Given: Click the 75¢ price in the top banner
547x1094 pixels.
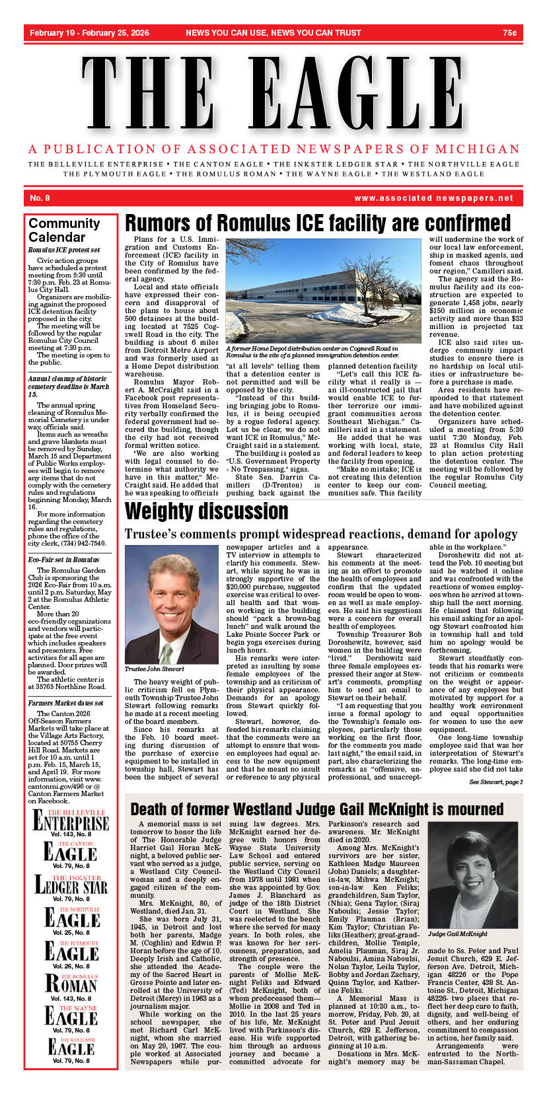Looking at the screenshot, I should tap(509, 33).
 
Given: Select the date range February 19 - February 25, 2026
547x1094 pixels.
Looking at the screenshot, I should tap(89, 33).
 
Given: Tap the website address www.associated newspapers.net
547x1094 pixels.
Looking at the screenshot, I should tap(433, 198).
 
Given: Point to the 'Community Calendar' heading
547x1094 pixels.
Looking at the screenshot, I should tap(64, 230).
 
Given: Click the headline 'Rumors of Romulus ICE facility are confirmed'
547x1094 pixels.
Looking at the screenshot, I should tap(318, 223).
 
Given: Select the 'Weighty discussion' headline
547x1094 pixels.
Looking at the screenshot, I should tap(206, 511).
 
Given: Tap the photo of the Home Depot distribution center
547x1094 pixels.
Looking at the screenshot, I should tap(323, 291).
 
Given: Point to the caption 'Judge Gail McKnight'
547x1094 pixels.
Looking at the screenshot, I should tap(457, 934).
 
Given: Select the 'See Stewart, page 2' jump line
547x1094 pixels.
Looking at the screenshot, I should tap(495, 782).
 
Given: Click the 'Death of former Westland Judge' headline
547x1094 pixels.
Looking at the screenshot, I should tap(316, 809).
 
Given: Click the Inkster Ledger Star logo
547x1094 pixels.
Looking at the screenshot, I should tap(71, 885).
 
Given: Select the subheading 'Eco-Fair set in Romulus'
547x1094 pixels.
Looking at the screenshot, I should tap(63, 560).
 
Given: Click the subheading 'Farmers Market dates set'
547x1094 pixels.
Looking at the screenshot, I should tap(65, 704).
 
